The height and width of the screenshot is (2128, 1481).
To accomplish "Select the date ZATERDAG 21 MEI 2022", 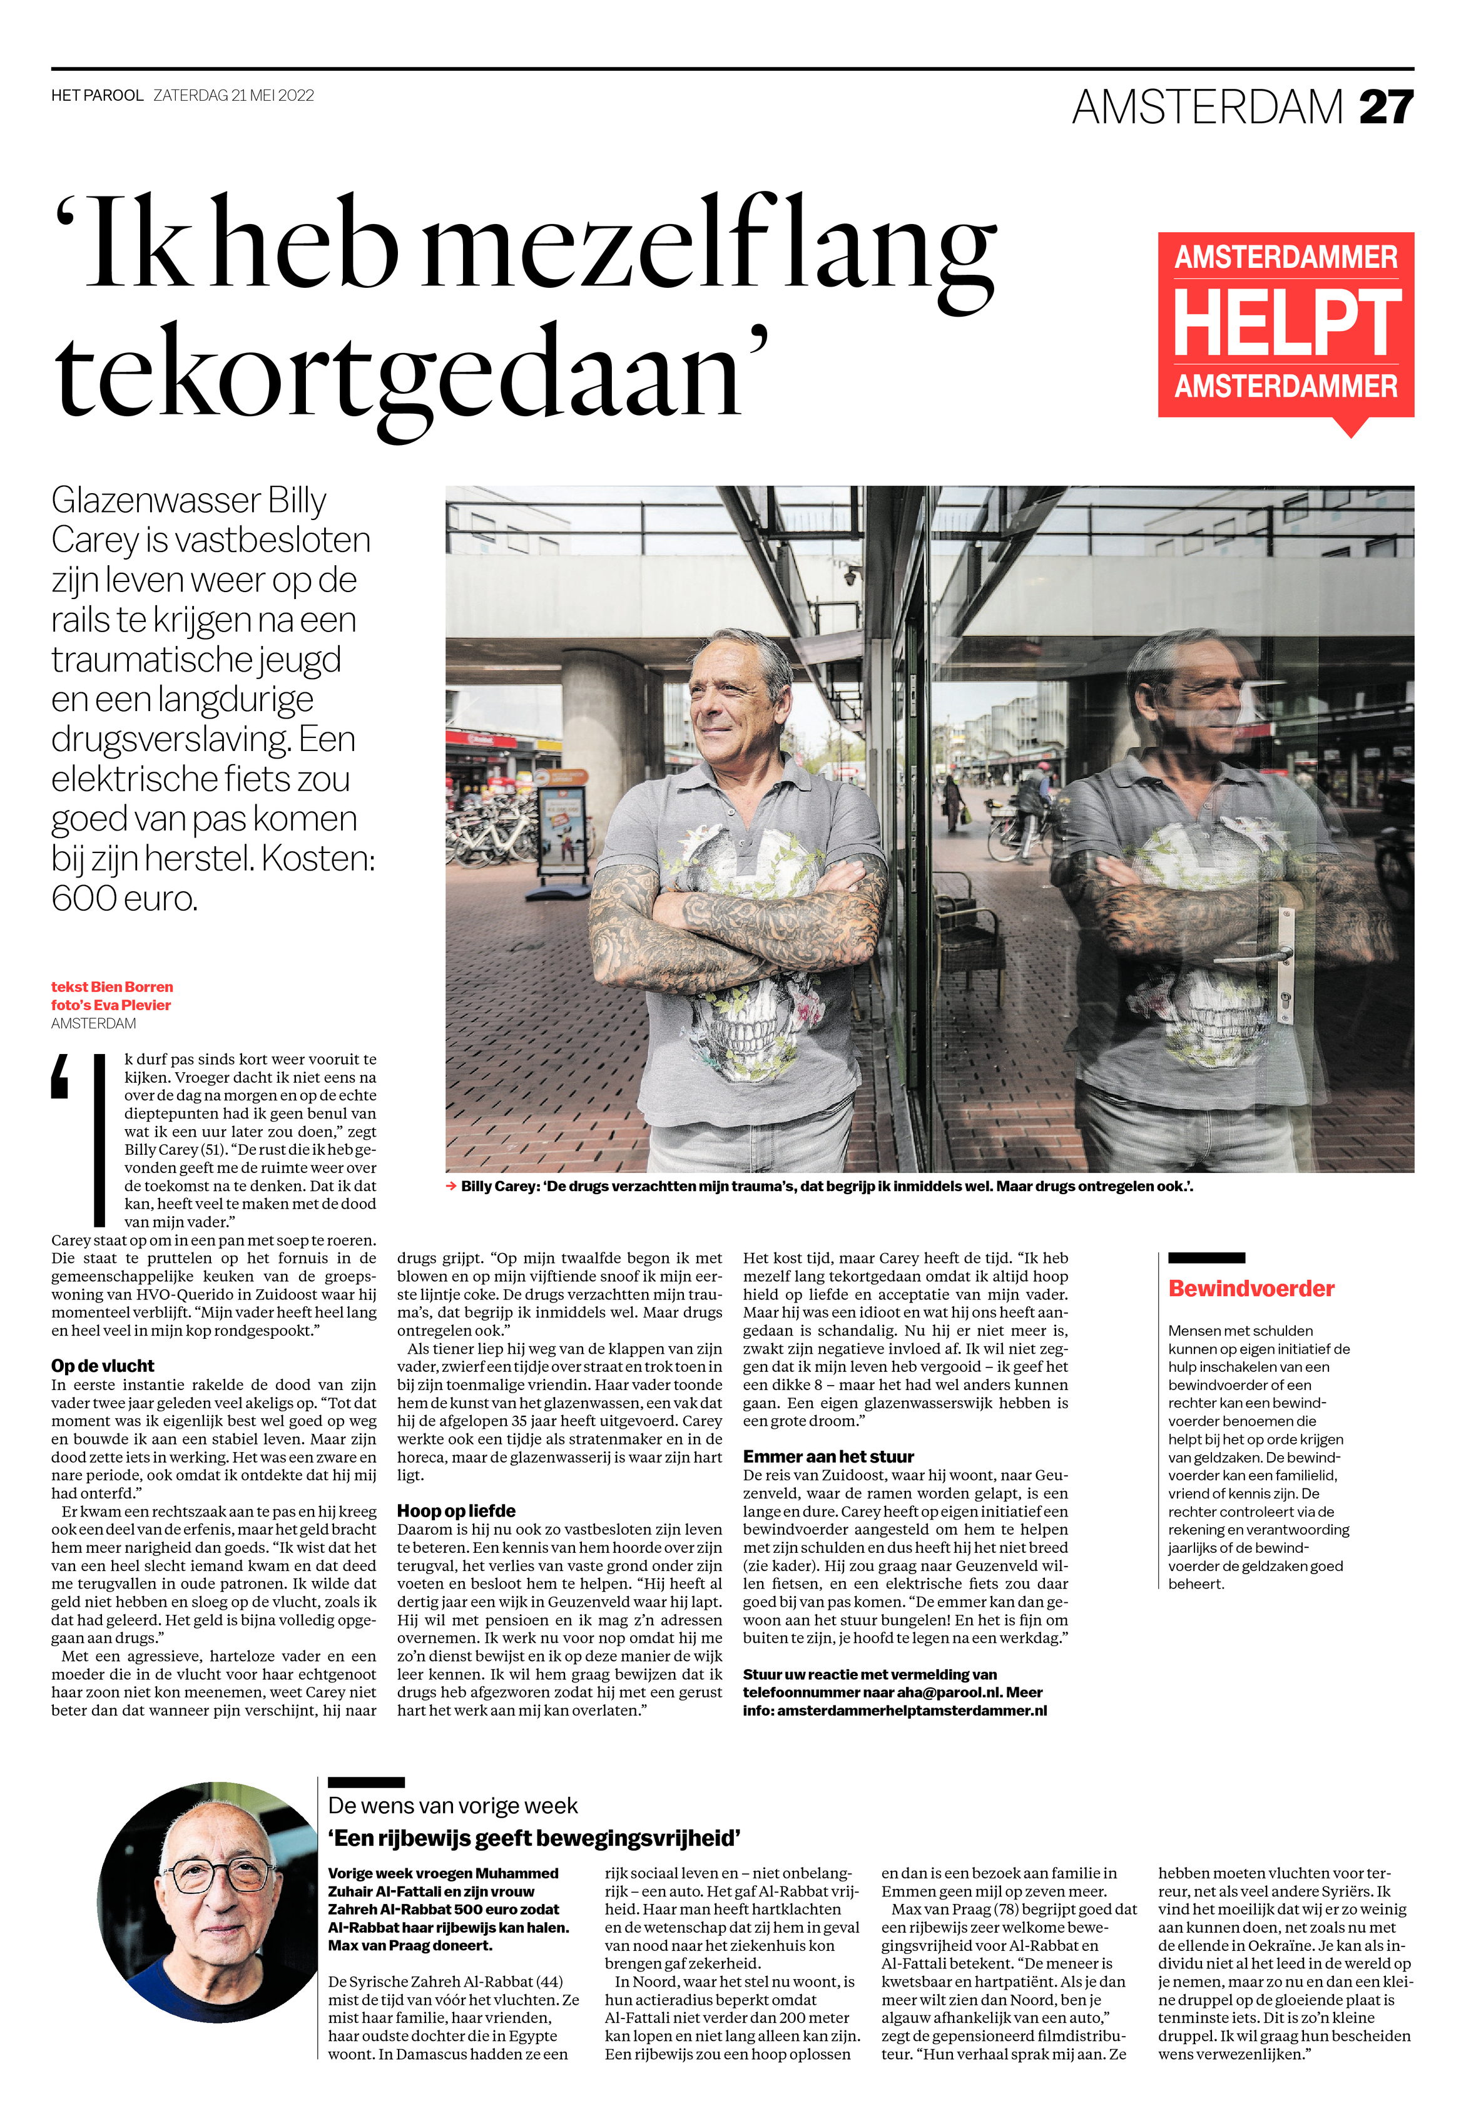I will (x=233, y=96).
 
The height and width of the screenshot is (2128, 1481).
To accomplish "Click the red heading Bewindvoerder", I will (x=1250, y=1288).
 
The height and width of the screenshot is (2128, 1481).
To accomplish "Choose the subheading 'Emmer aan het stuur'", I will (x=828, y=1456).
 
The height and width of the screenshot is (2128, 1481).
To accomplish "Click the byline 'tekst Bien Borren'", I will (x=112, y=987).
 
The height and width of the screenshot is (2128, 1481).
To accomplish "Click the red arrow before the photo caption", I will (x=451, y=1186).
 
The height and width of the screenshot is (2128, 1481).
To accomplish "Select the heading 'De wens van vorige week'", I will (x=452, y=1806).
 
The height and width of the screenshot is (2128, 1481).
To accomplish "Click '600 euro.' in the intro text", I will (x=124, y=898).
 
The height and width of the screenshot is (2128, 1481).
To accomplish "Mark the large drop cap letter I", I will (x=99, y=1140).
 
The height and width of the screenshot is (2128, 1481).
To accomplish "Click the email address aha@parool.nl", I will (x=950, y=1692).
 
